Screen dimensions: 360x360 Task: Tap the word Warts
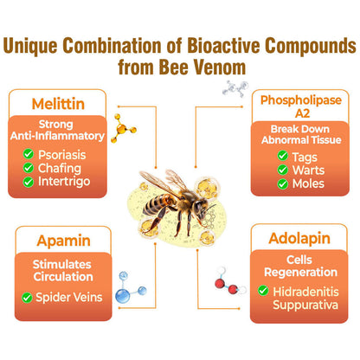coord(308,170)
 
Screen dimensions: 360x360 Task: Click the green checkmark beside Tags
coord(283,156)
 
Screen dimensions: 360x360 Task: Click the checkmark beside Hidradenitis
coord(265,290)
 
